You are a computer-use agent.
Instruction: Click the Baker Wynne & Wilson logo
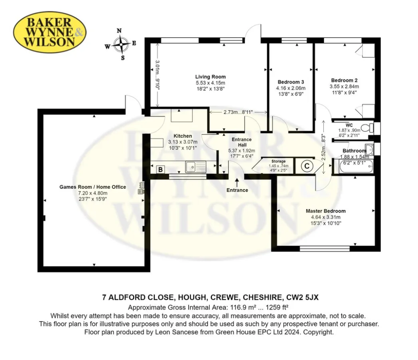click(x=50, y=32)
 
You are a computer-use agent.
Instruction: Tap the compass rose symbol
click(x=121, y=44)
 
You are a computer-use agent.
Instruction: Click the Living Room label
click(x=210, y=77)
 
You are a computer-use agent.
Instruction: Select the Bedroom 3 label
click(x=291, y=82)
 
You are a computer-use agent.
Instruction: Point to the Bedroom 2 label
click(x=344, y=80)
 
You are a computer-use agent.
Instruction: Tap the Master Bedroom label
click(x=325, y=211)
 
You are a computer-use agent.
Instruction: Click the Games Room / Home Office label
click(x=93, y=187)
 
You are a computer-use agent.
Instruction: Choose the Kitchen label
click(x=182, y=136)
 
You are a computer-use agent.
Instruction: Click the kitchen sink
click(x=196, y=167)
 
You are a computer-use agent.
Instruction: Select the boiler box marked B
click(x=160, y=170)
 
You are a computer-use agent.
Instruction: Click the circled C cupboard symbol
click(x=307, y=166)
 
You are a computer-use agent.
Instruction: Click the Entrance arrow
click(x=237, y=183)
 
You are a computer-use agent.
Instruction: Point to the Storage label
click(x=278, y=161)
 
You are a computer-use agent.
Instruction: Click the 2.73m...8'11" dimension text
click(x=238, y=112)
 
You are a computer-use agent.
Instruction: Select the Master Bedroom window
click(x=325, y=249)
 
